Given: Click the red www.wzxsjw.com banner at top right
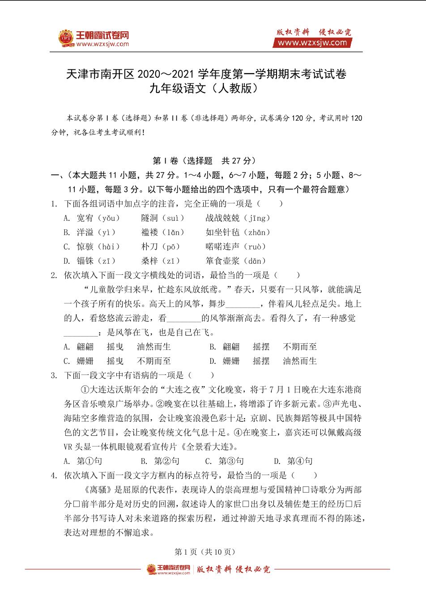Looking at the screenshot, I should [312, 43].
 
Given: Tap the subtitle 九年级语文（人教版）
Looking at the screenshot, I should [206, 88].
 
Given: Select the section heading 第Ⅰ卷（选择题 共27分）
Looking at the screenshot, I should [204, 161].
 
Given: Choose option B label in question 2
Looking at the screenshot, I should [213, 347].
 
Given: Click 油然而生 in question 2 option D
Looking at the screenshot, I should [300, 361].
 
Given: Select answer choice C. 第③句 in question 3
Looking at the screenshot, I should [225, 461].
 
